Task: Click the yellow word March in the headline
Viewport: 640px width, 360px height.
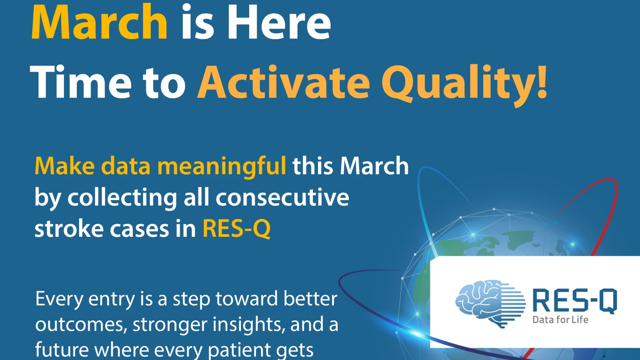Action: point(99,22)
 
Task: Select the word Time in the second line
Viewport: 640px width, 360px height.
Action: point(80,82)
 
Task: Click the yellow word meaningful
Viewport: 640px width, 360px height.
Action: point(222,167)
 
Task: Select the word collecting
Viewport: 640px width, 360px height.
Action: point(122,198)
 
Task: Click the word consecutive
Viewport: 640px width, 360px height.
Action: point(282,197)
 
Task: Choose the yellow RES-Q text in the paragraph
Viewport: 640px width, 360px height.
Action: point(236,229)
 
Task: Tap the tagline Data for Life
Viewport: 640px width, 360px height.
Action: point(560,320)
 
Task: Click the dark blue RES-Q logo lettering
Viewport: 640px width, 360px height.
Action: point(575,301)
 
